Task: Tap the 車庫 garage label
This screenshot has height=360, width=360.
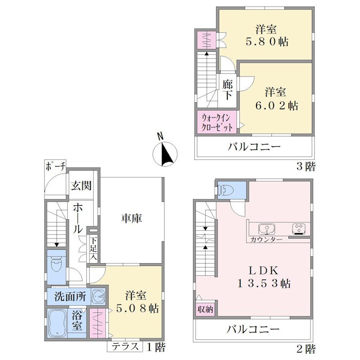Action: [x=132, y=218]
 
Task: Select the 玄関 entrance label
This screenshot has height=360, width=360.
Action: [x=81, y=185]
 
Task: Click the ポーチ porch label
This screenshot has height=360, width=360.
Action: [x=56, y=166]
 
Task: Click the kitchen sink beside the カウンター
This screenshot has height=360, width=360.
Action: [x=267, y=229]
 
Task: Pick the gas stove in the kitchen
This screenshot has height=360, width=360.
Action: [x=299, y=229]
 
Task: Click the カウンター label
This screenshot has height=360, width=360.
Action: [x=266, y=240]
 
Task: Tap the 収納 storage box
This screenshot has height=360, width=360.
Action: [x=205, y=309]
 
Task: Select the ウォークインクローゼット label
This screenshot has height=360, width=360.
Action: [x=217, y=122]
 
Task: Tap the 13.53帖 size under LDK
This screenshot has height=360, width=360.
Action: [x=264, y=283]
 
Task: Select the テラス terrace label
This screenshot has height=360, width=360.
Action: [x=126, y=346]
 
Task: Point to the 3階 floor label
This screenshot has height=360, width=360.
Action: [x=306, y=166]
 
